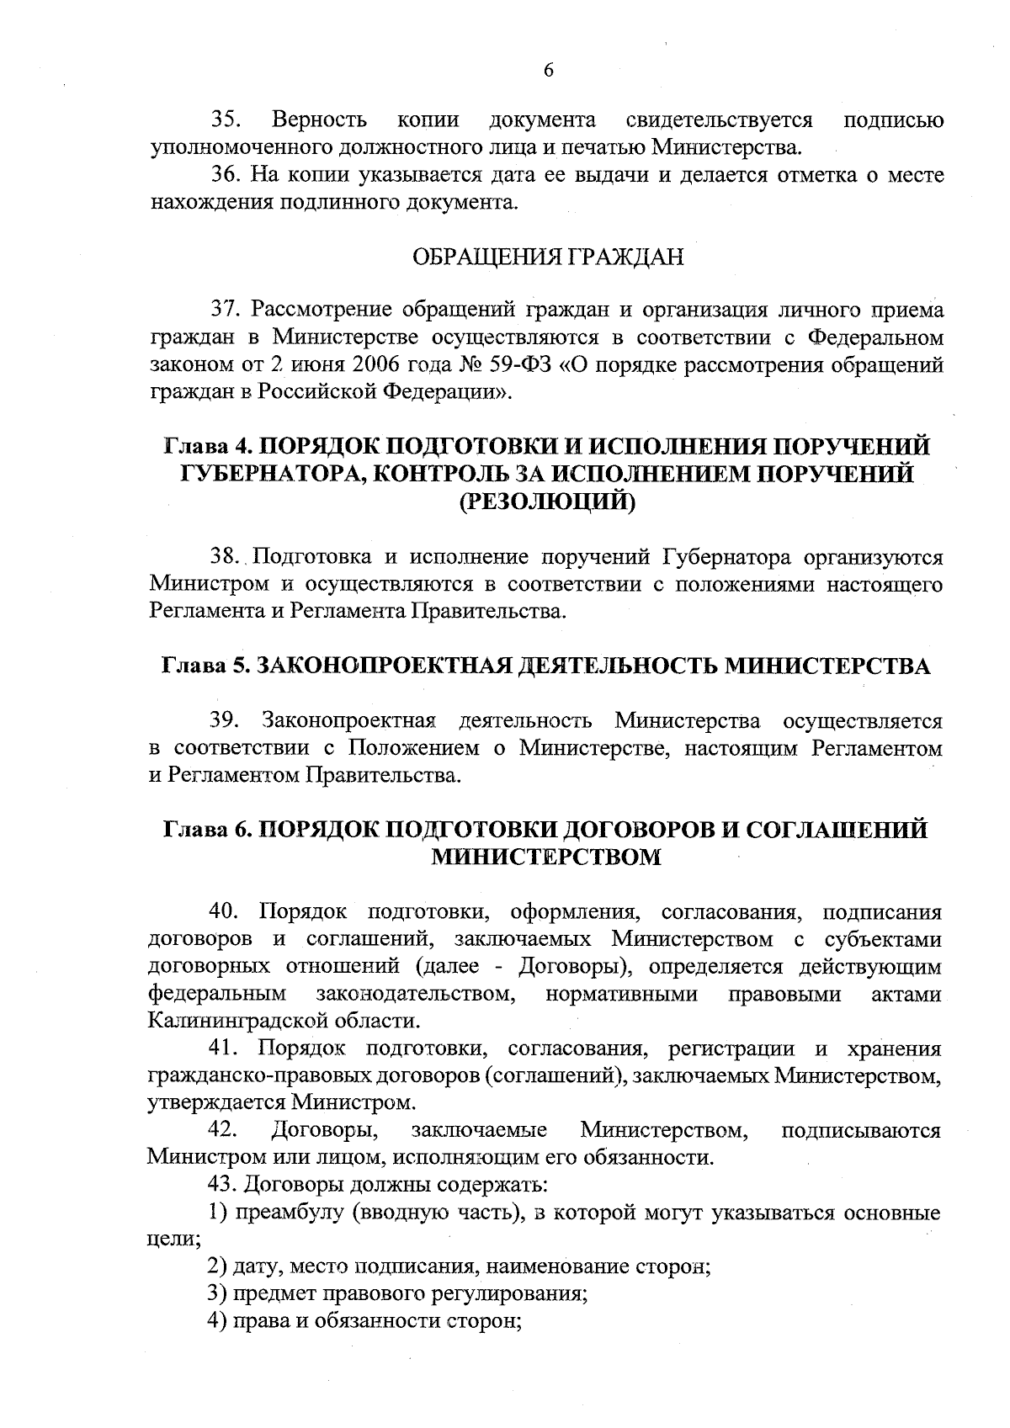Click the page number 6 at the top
548,71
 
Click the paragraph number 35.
226,120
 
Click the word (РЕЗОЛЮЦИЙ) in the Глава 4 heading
547,502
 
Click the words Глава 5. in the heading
203,666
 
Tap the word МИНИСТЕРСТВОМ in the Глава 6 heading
546,857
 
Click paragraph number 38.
226,557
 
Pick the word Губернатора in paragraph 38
726,557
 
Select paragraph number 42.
225,1129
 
